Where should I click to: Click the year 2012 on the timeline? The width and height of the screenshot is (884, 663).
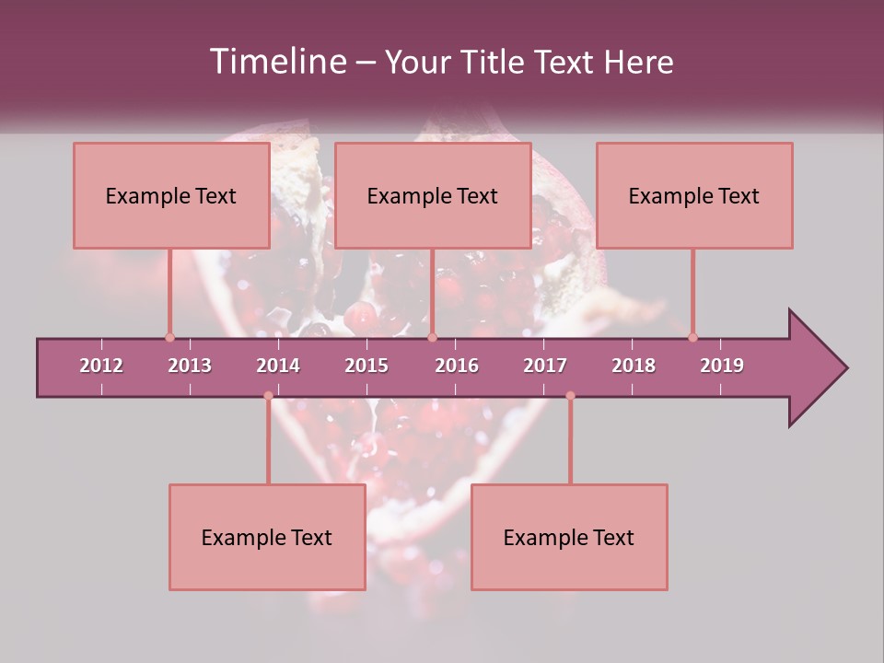(101, 366)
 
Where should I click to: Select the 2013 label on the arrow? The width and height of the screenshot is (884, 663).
(190, 366)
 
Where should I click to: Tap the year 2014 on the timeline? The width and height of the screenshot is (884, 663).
(278, 366)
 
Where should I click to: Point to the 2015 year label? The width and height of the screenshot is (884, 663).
(366, 366)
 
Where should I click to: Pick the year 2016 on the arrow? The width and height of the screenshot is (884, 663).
(457, 366)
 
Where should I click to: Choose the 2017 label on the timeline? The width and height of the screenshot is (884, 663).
(545, 366)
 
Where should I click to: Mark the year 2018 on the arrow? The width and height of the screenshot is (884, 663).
(634, 366)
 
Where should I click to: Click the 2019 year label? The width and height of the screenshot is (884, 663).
(722, 366)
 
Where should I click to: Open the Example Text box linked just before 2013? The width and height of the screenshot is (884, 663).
(171, 195)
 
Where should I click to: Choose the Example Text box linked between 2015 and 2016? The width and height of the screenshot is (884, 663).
(433, 195)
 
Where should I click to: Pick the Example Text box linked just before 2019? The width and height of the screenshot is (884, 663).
(694, 195)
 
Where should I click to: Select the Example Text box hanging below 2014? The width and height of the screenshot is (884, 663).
(267, 537)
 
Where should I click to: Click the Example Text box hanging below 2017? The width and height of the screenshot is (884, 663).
(569, 537)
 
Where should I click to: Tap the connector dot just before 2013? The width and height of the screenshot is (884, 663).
(169, 337)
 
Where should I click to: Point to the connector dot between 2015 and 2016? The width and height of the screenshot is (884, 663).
(433, 337)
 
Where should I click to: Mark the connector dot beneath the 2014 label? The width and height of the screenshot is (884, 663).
(268, 396)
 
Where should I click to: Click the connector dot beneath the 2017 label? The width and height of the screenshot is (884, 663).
(570, 396)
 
